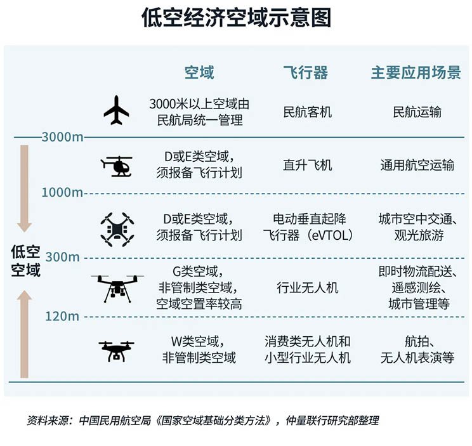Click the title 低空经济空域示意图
tap(236, 18)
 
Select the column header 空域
tap(199, 72)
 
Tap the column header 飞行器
tap(306, 72)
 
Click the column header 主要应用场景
tap(416, 72)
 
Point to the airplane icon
tap(116, 110)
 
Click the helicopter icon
tap(117, 166)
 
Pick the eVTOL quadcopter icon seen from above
tap(117, 230)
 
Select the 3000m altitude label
tap(62, 137)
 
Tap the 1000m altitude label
tap(62, 192)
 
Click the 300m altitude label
tap(63, 257)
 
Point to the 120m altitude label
tap(62, 317)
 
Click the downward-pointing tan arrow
tap(24, 188)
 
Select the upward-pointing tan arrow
tap(24, 334)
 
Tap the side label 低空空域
tap(25, 261)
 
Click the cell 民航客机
tap(307, 112)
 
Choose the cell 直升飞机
tap(307, 165)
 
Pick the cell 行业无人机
tap(307, 287)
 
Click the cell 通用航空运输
tap(417, 165)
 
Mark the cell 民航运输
tap(417, 112)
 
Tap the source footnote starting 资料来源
tap(202, 421)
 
